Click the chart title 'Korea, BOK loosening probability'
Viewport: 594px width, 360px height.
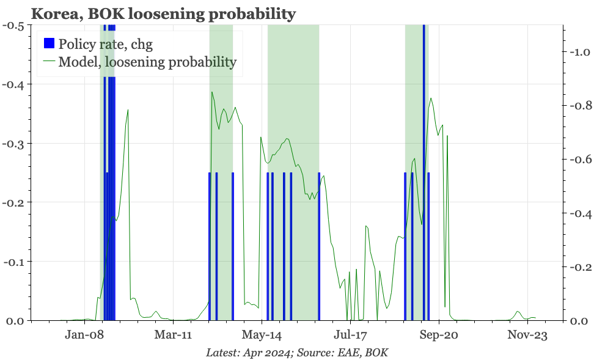tap(163, 13)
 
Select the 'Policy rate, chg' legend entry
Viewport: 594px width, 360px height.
tap(105, 43)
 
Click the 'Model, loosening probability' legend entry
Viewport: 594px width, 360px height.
tap(147, 61)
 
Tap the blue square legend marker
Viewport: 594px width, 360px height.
tap(49, 43)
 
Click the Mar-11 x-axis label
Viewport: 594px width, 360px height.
tap(174, 335)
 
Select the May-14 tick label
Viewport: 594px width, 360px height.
tap(262, 335)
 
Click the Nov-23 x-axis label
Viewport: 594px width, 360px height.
tap(527, 335)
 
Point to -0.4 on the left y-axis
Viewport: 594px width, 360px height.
tap(14, 84)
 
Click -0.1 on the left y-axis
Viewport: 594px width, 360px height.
tap(14, 262)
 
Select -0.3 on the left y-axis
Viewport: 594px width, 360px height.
tap(14, 144)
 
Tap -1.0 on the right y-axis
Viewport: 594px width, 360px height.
tap(577, 53)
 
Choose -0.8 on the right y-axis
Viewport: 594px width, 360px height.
tap(577, 106)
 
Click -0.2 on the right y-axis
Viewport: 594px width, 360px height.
tap(577, 267)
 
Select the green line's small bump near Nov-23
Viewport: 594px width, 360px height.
tap(518, 312)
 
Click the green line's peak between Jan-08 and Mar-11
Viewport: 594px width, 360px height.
tap(128, 111)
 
